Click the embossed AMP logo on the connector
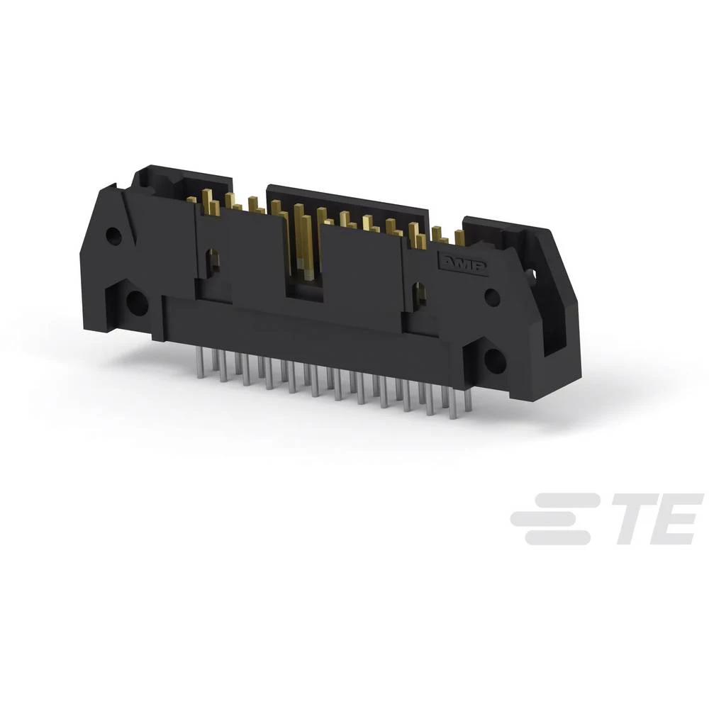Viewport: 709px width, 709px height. click(465, 263)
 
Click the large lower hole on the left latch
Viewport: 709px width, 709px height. click(136, 304)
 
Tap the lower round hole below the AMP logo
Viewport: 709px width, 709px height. click(495, 361)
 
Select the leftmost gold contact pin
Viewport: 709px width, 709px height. click(191, 201)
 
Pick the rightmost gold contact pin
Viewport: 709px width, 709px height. click(459, 238)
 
